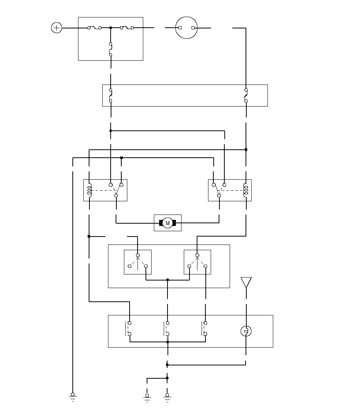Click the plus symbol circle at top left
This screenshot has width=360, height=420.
pyautogui.click(x=56, y=28)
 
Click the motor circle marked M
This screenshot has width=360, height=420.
pyautogui.click(x=167, y=223)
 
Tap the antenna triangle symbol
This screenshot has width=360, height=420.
pyautogui.click(x=246, y=282)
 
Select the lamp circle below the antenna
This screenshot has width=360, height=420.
pyautogui.click(x=246, y=332)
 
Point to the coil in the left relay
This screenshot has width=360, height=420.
pyautogui.click(x=89, y=190)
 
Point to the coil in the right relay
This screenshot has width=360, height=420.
pyautogui.click(x=246, y=190)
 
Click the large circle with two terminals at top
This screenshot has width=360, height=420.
pyautogui.click(x=187, y=28)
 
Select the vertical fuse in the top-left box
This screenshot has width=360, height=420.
pyautogui.click(x=111, y=49)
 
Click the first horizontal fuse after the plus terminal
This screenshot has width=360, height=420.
pyautogui.click(x=94, y=28)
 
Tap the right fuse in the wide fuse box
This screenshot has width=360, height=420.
pyautogui.click(x=246, y=96)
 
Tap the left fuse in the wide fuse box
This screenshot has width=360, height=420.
pyautogui.click(x=111, y=96)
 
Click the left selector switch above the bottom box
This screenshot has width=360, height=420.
pyautogui.click(x=138, y=262)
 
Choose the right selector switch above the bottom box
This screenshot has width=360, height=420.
pyautogui.click(x=197, y=262)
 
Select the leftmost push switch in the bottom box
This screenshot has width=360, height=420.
pyautogui.click(x=128, y=329)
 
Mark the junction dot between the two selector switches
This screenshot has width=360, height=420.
pyautogui.click(x=167, y=280)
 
